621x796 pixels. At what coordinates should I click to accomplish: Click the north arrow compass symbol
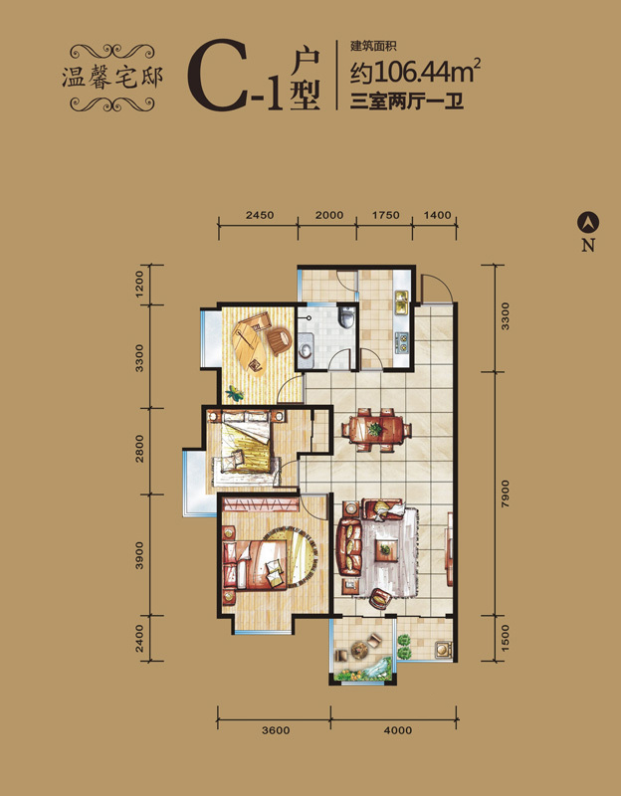pyautogui.click(x=588, y=222)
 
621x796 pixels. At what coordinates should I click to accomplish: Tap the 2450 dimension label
pyautogui.click(x=260, y=215)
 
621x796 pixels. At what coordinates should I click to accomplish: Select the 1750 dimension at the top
pyautogui.click(x=385, y=215)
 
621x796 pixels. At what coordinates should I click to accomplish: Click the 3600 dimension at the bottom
pyautogui.click(x=277, y=730)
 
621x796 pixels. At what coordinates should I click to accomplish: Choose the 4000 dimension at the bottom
pyautogui.click(x=398, y=730)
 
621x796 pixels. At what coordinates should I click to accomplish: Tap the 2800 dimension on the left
pyautogui.click(x=139, y=449)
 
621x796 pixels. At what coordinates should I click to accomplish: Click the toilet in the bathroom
pyautogui.click(x=347, y=317)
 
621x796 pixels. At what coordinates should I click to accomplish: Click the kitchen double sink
pyautogui.click(x=402, y=302)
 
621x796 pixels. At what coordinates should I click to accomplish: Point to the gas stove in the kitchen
pyautogui.click(x=402, y=342)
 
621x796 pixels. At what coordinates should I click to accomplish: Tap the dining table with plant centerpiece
pyautogui.click(x=376, y=430)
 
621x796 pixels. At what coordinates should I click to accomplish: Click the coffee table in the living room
pyautogui.click(x=385, y=549)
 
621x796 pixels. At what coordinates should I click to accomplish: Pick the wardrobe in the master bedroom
pyautogui.click(x=260, y=504)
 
